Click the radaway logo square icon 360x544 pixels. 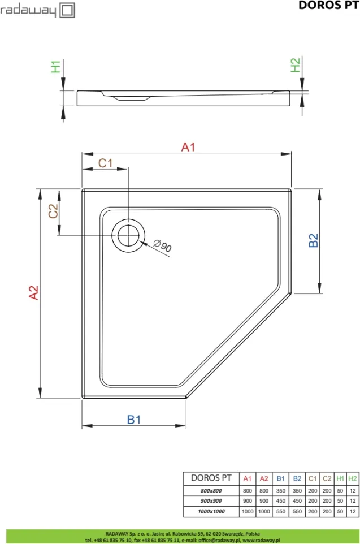click(67, 10)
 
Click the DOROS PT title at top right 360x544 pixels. click(328, 5)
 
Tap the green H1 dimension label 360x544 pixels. click(56, 66)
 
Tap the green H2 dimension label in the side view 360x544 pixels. click(295, 65)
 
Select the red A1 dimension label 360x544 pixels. click(188, 147)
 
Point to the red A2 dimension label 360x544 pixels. click(34, 292)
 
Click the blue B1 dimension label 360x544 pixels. click(134, 420)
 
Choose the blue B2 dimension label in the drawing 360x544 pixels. click(313, 240)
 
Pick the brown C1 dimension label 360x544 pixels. click(106, 163)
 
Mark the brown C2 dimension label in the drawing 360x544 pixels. click(53, 211)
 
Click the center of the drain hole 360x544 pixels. click(128, 235)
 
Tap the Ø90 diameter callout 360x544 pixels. click(162, 245)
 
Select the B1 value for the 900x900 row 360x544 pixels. click(280, 501)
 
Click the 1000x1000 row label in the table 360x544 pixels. click(211, 511)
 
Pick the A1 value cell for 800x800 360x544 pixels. click(248, 491)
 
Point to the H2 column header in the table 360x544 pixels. click(352, 478)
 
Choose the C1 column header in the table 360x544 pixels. click(313, 478)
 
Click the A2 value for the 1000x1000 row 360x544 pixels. click(264, 511)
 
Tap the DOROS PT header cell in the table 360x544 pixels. click(211, 478)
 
